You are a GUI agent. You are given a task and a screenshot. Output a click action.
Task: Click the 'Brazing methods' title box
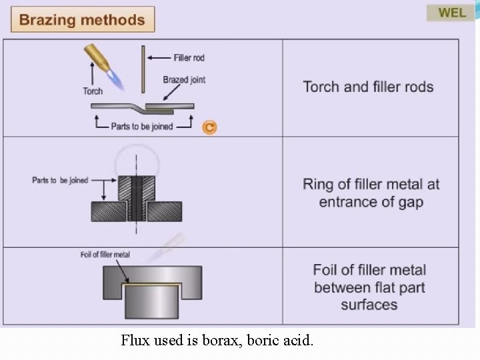(x=82, y=19)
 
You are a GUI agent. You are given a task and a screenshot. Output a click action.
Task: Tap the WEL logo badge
(x=451, y=13)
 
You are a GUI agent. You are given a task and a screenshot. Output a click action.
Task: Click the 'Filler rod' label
(x=189, y=58)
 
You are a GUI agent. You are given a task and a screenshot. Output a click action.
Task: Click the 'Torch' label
(x=93, y=91)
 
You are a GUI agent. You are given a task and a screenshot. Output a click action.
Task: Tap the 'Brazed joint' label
(x=184, y=80)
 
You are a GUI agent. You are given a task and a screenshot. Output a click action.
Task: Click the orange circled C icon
(x=209, y=127)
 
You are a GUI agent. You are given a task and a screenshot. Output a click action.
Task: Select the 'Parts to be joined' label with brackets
(x=141, y=126)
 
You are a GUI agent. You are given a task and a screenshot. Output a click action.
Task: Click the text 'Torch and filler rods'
(x=368, y=87)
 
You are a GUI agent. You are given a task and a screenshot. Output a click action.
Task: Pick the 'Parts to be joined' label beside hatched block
(x=60, y=180)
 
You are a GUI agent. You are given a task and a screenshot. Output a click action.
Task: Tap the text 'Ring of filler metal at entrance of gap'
(x=371, y=193)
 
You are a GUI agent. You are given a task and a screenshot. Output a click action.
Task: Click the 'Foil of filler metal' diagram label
(x=105, y=255)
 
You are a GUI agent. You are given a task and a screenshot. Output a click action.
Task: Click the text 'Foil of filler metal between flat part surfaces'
(x=369, y=287)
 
